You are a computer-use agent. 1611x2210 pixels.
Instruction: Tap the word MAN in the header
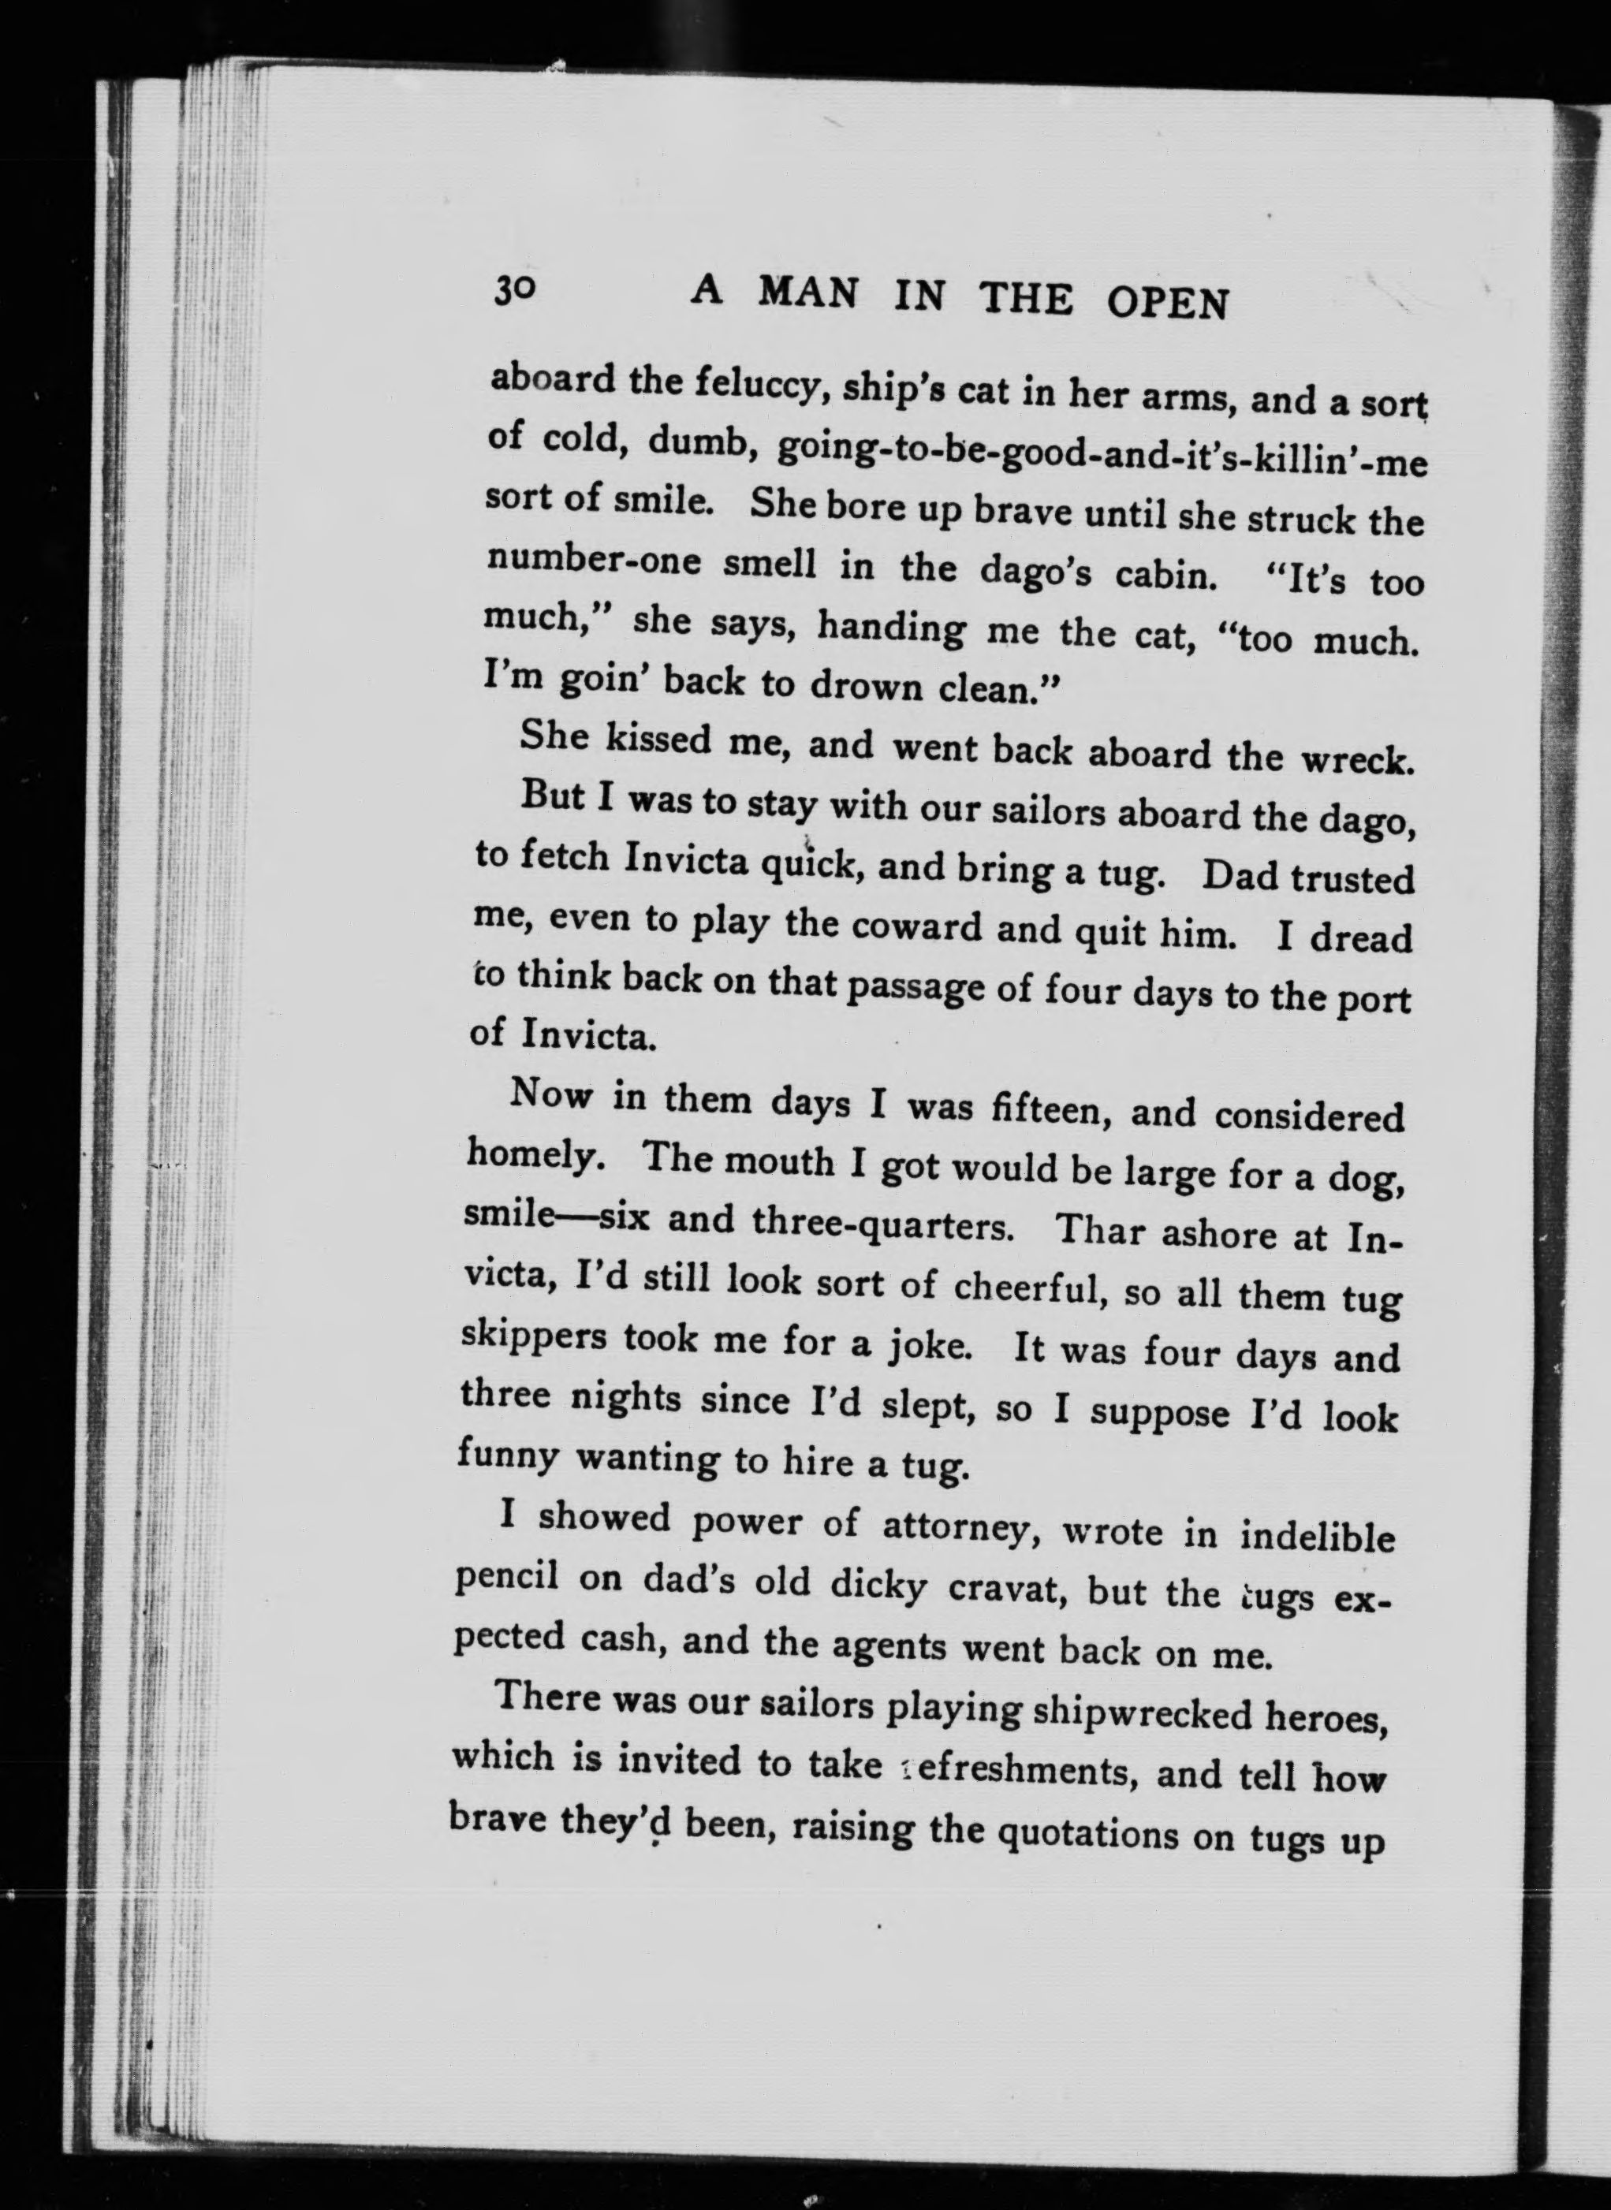[808, 293]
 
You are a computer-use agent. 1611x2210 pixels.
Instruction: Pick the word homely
[540, 1157]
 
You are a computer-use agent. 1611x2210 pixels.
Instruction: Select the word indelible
[1318, 1537]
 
